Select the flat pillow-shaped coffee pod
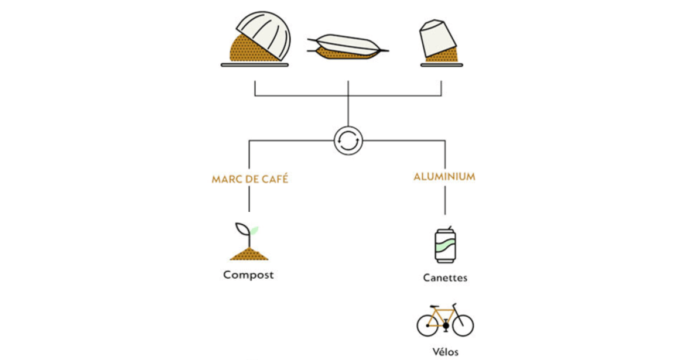tap(348, 46)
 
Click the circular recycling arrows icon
tap(348, 140)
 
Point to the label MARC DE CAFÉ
tap(249, 179)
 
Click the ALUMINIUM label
tap(444, 177)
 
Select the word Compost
tap(248, 275)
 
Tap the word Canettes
tap(445, 277)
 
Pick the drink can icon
tap(444, 245)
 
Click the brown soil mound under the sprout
tap(249, 253)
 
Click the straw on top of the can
tap(449, 227)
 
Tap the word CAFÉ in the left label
tap(275, 179)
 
